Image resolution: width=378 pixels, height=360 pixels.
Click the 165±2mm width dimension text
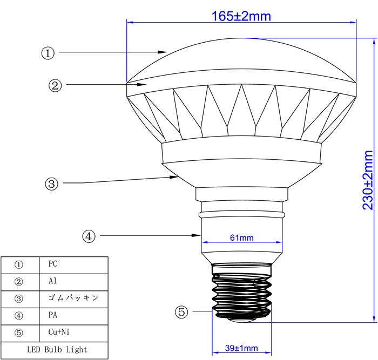click(x=241, y=16)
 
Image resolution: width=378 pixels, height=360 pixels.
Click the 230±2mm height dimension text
click(x=368, y=180)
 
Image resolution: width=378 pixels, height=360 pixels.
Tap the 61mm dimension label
click(x=242, y=238)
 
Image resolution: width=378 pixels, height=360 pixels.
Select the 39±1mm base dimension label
click(x=241, y=348)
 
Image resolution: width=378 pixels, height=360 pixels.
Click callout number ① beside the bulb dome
click(x=48, y=53)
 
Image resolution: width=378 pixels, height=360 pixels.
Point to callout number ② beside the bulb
click(x=55, y=85)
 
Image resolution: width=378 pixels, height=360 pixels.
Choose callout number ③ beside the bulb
click(x=52, y=184)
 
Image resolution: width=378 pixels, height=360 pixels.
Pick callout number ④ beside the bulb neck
click(x=89, y=236)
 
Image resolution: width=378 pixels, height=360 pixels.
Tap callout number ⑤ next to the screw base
click(x=181, y=312)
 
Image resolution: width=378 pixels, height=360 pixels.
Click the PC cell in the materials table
click(x=53, y=263)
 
